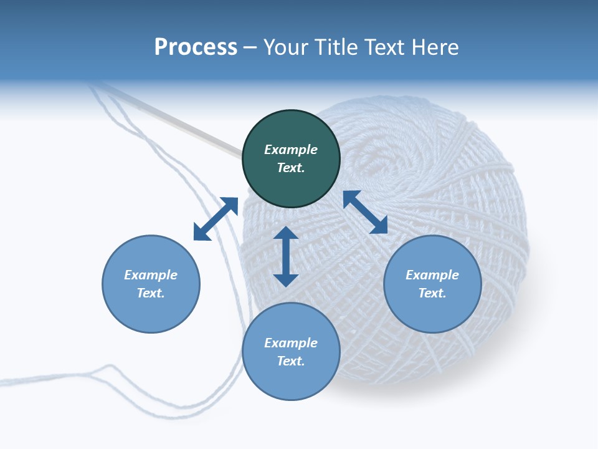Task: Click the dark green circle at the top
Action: tap(291, 159)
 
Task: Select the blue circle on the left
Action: tap(151, 284)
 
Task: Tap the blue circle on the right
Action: tap(432, 284)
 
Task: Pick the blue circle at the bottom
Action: tap(291, 352)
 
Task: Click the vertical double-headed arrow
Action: tap(286, 256)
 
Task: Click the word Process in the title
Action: tap(196, 47)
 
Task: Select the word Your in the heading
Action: tap(286, 47)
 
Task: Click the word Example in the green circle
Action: tap(291, 150)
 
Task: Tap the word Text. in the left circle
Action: tap(151, 293)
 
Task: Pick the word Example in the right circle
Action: tap(432, 275)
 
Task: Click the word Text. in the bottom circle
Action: tap(291, 361)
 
